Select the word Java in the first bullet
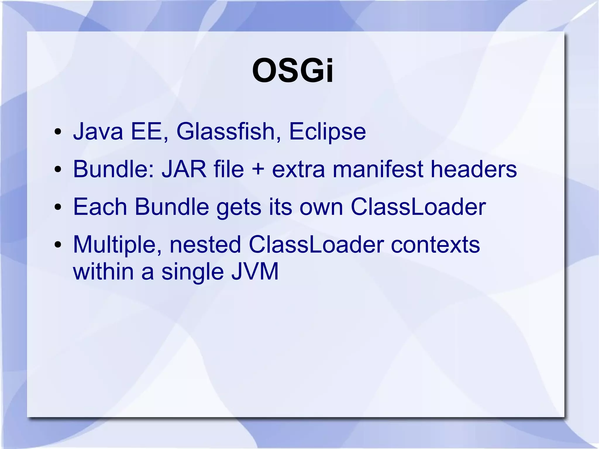coord(98,132)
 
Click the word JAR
coord(184,169)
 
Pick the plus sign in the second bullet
coord(258,170)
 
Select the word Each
coord(100,207)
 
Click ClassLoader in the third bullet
coord(418,207)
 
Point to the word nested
coord(205,245)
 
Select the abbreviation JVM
coord(255,272)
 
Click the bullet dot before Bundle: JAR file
coord(58,170)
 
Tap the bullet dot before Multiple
coord(58,245)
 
